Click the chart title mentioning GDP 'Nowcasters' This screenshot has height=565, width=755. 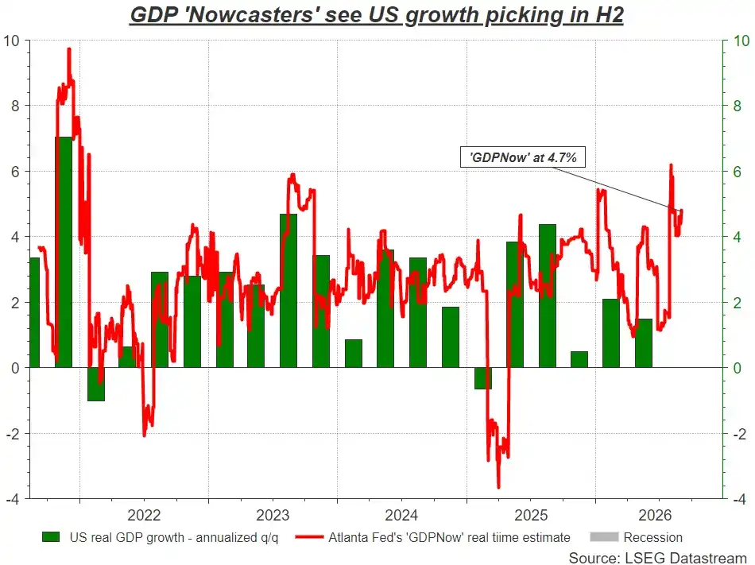(x=377, y=15)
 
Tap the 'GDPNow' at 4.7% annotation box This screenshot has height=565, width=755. (x=522, y=157)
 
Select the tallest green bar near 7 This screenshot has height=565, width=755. (x=64, y=252)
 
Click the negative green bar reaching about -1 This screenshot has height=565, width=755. (x=96, y=384)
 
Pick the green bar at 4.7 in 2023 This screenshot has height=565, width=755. (x=288, y=291)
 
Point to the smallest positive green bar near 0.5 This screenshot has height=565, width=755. (x=579, y=359)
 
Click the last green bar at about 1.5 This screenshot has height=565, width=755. (x=644, y=343)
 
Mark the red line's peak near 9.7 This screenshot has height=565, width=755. (x=69, y=49)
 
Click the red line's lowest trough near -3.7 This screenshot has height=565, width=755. (x=498, y=486)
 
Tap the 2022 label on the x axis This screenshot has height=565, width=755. (x=144, y=516)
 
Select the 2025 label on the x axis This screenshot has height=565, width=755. (x=531, y=516)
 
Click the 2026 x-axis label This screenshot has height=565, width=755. (x=655, y=516)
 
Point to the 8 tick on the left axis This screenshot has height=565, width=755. (x=16, y=106)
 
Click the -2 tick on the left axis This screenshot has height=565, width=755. (x=14, y=434)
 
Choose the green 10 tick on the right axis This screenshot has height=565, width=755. (x=741, y=41)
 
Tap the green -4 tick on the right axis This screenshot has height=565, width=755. (x=740, y=500)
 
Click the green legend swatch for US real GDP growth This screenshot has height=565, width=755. (x=51, y=537)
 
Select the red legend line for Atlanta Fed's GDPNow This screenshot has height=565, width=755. (x=309, y=537)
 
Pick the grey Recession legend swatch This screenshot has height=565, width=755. (x=604, y=537)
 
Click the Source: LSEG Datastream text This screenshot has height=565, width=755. (x=658, y=558)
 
